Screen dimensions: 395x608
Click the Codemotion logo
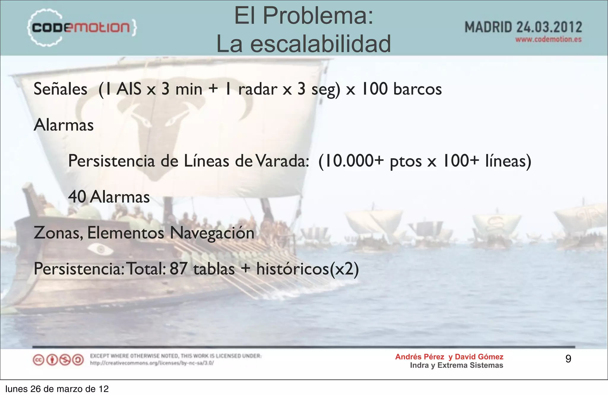(x=82, y=28)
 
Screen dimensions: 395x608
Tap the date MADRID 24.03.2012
(x=523, y=27)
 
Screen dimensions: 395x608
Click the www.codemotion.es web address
(x=548, y=39)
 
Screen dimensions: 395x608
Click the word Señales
(x=60, y=89)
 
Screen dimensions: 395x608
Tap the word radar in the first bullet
(x=257, y=89)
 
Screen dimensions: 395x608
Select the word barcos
(x=417, y=89)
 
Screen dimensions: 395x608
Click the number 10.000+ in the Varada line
(x=351, y=161)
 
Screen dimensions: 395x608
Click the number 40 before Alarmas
(x=77, y=197)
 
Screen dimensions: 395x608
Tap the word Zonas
(x=58, y=233)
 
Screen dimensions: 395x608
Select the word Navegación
(x=212, y=233)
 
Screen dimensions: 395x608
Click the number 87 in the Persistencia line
(x=178, y=269)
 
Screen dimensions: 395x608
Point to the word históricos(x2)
(x=308, y=269)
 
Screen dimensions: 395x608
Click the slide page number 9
(x=568, y=359)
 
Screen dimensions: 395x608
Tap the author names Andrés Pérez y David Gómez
(x=449, y=357)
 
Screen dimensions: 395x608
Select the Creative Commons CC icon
(x=38, y=360)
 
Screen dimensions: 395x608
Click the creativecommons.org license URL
(x=152, y=363)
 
